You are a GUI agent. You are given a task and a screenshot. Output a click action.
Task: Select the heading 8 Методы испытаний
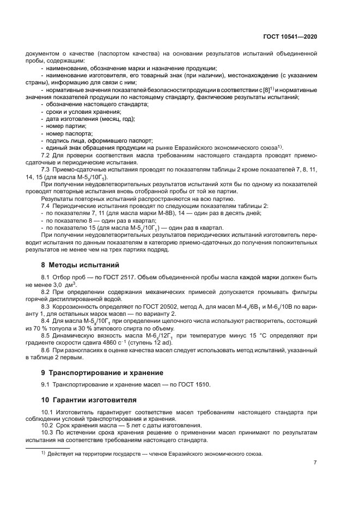[80, 266]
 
